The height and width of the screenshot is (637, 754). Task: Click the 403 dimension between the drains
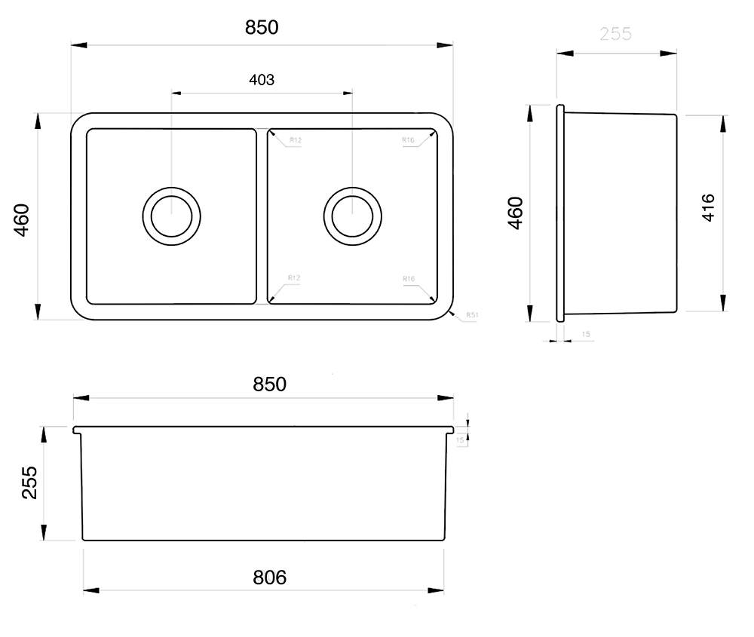(261, 80)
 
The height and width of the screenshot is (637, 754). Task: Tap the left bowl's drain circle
(172, 215)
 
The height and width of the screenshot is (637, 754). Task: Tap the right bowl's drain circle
(352, 215)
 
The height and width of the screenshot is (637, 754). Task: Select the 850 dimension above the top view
(262, 28)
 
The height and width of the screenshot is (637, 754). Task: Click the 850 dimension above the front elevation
(269, 384)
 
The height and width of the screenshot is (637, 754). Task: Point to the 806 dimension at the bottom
(269, 577)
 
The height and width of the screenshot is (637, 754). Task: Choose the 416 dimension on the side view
(708, 207)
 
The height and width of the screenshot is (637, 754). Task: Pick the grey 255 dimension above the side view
(615, 34)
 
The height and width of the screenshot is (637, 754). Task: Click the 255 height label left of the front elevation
(29, 482)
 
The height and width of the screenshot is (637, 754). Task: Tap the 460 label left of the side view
(514, 213)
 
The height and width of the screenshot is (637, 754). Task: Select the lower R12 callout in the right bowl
(294, 278)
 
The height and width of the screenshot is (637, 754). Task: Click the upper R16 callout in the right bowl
(409, 140)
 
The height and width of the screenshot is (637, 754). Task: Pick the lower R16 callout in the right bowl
(409, 279)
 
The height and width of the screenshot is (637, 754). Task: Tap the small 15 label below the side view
(586, 333)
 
